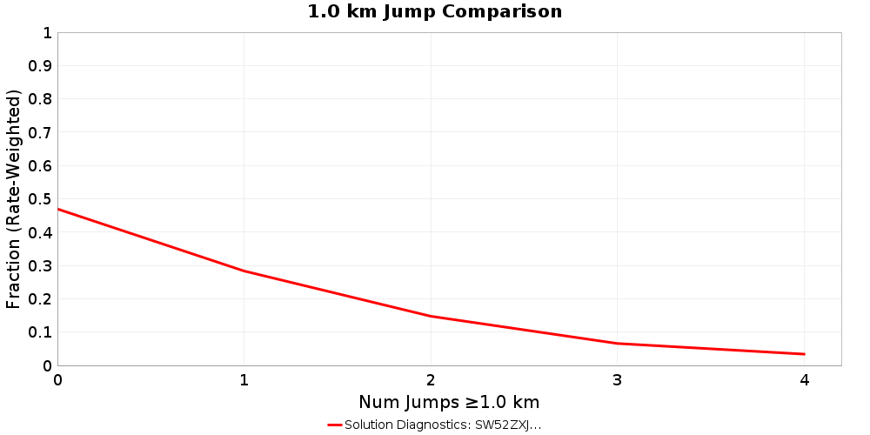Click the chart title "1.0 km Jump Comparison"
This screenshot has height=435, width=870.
435,12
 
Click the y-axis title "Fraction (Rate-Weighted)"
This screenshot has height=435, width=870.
14,199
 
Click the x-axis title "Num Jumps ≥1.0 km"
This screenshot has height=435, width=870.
449,402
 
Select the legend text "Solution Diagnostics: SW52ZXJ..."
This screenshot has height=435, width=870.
443,425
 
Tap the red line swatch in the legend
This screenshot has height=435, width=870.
335,425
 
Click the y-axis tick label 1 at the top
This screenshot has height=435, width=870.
46,33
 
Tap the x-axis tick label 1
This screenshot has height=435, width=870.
244,380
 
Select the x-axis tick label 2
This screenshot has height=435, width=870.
431,380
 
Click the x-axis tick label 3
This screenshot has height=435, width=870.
618,380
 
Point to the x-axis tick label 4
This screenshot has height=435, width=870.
804,380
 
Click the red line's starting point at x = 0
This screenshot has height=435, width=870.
58,209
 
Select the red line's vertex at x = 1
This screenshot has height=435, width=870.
244,271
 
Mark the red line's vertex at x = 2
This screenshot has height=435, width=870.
431,316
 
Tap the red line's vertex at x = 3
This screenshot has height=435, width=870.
618,343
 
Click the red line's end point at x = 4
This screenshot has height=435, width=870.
804,354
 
